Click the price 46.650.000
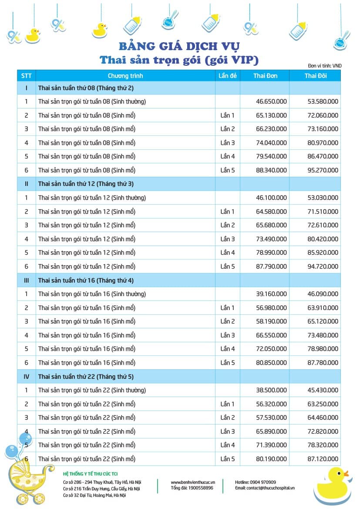(271, 101)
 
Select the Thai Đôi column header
(316, 76)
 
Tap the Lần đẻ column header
(228, 76)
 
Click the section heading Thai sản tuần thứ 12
(86, 184)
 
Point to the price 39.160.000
(271, 294)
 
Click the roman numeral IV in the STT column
(26, 376)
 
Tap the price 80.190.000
(271, 459)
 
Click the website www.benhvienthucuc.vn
(193, 482)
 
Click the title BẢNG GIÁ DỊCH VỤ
(179, 46)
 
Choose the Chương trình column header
(125, 76)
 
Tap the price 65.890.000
(271, 431)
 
